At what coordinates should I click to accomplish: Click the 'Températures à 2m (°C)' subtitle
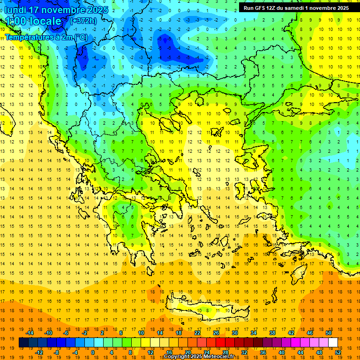coord(46,37)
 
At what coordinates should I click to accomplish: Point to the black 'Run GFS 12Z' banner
coord(296,8)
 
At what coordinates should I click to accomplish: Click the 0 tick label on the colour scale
coord(93,352)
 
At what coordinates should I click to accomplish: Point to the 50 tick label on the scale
coord(328,333)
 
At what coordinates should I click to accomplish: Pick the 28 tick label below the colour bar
coord(225,352)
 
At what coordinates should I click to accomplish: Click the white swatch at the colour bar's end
coord(333,343)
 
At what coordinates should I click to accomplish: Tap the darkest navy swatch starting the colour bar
coord(23,343)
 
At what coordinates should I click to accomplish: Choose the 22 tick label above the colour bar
coord(197,333)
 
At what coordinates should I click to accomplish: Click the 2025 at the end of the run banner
coord(341,8)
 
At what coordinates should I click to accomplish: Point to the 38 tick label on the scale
coord(272,333)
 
